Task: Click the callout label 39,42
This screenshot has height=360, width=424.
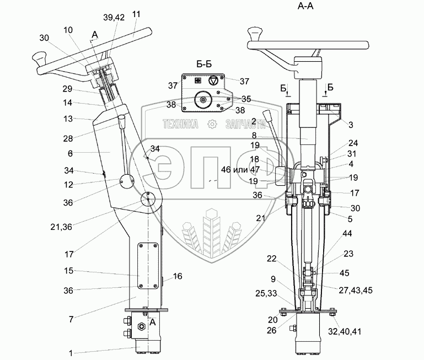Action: tap(114, 18)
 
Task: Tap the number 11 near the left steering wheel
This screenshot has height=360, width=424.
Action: tap(137, 14)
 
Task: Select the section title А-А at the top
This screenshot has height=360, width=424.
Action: tap(305, 6)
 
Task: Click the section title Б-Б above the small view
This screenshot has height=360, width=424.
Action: tap(204, 64)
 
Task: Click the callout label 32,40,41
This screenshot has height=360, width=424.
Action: tap(345, 331)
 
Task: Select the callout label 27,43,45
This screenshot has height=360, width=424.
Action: tap(356, 290)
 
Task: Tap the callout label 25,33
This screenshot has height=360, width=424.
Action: tap(266, 293)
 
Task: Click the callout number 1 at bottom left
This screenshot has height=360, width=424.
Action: tap(71, 353)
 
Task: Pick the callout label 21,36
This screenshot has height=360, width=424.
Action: tap(61, 227)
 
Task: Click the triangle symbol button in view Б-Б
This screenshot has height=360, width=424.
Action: tap(213, 80)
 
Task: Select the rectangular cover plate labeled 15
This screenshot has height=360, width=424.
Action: tap(148, 266)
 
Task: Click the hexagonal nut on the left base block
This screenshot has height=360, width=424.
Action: tap(141, 326)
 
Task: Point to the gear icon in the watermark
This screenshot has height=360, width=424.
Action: tap(212, 124)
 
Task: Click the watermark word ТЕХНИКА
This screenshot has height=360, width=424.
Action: tap(180, 124)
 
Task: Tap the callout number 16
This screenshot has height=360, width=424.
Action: tap(178, 276)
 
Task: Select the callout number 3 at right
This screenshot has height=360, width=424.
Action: tap(351, 125)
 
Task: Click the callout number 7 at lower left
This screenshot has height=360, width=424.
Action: tap(71, 319)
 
